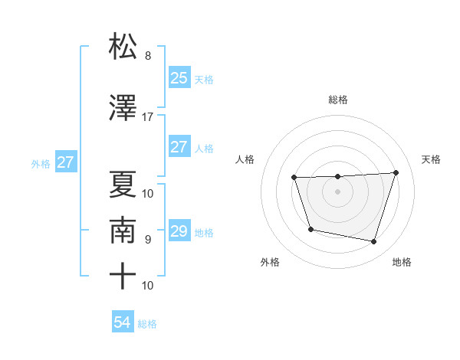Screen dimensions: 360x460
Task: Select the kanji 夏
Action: click(123, 184)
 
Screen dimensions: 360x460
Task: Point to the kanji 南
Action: click(123, 230)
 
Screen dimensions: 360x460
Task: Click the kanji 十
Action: click(123, 276)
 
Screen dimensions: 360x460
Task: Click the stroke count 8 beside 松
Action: click(147, 56)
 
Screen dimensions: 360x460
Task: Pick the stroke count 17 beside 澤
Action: click(147, 117)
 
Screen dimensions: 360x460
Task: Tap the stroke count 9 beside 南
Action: click(147, 240)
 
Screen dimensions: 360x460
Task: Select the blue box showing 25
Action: click(179, 78)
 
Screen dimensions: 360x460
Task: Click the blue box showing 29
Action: click(179, 231)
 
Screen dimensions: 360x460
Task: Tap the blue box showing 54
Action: click(123, 322)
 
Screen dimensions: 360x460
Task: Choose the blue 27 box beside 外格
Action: click(66, 162)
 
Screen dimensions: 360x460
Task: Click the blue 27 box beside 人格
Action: click(179, 147)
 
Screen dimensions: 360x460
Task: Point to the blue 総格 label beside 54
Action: click(147, 324)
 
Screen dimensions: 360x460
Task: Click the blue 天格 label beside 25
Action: click(204, 79)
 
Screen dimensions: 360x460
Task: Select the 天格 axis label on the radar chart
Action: click(431, 159)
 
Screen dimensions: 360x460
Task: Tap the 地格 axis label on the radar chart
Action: click(402, 263)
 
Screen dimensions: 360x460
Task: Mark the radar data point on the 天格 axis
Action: click(396, 172)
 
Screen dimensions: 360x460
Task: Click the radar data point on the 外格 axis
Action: click(310, 229)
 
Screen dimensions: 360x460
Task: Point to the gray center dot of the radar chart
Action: click(337, 191)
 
